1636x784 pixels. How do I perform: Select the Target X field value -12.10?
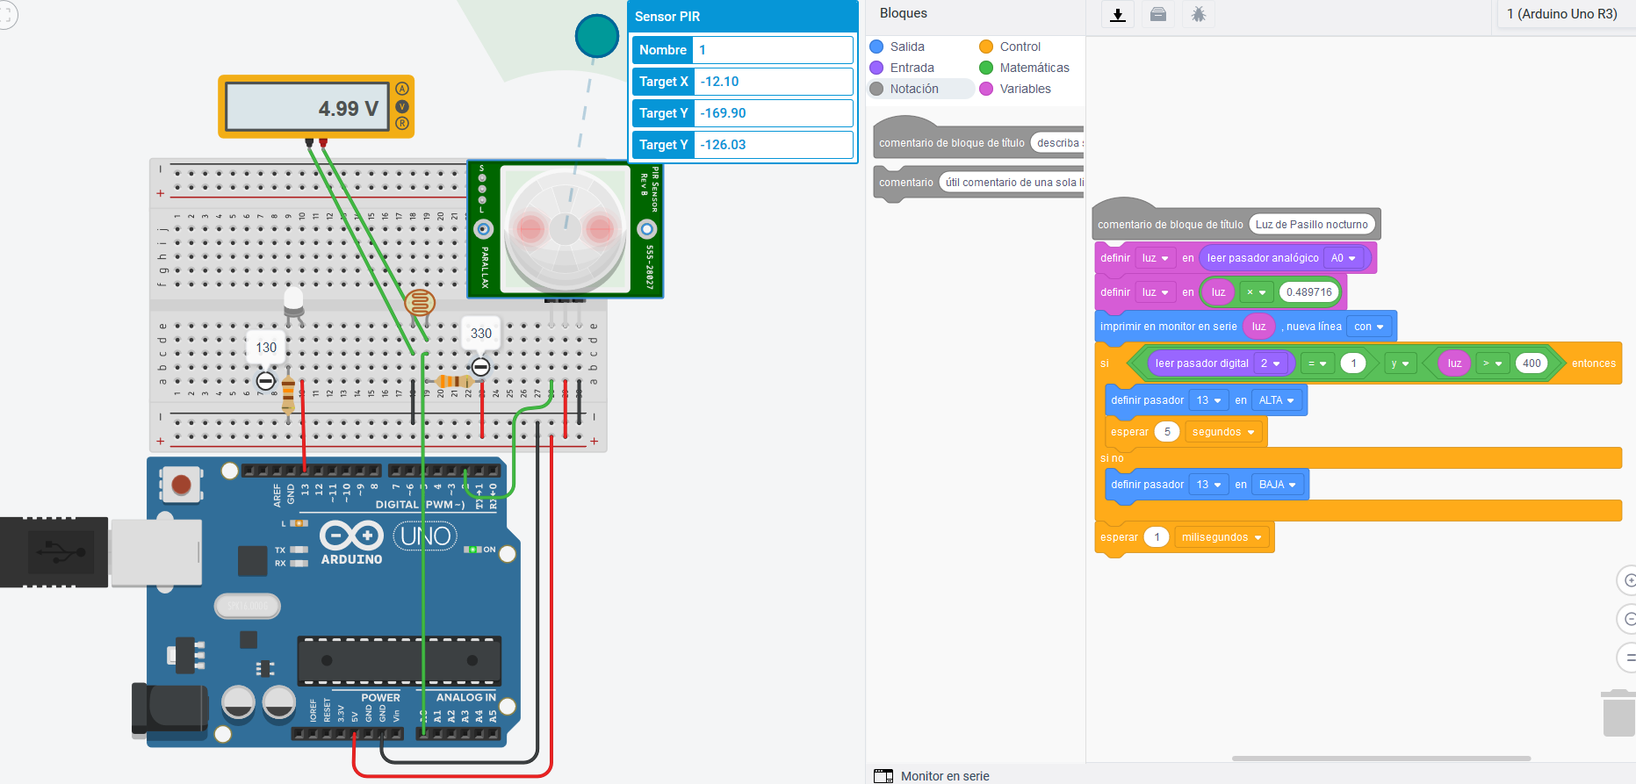tap(773, 82)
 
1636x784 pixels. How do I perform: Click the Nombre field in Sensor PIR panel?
tap(773, 50)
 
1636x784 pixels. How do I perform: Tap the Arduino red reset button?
tap(182, 485)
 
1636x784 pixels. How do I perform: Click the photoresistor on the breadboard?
tap(420, 304)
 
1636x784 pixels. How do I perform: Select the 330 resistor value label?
tap(481, 334)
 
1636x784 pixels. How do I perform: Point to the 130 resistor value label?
tap(266, 348)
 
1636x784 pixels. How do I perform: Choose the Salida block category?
tap(906, 47)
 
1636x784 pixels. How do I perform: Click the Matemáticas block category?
tap(1034, 68)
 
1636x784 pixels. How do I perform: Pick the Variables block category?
tap(1024, 89)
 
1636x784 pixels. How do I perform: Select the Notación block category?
tap(913, 89)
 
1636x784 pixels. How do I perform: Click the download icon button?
tap(1118, 15)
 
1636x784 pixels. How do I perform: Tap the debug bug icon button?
tap(1199, 15)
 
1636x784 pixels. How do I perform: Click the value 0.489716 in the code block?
tap(1308, 292)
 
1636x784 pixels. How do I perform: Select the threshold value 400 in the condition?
tap(1531, 363)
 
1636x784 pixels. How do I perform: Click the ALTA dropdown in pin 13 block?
tap(1277, 400)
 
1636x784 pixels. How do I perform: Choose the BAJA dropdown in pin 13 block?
tap(1277, 485)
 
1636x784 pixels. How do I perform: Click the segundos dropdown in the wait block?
tap(1222, 432)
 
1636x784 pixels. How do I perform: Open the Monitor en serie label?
tap(944, 776)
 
